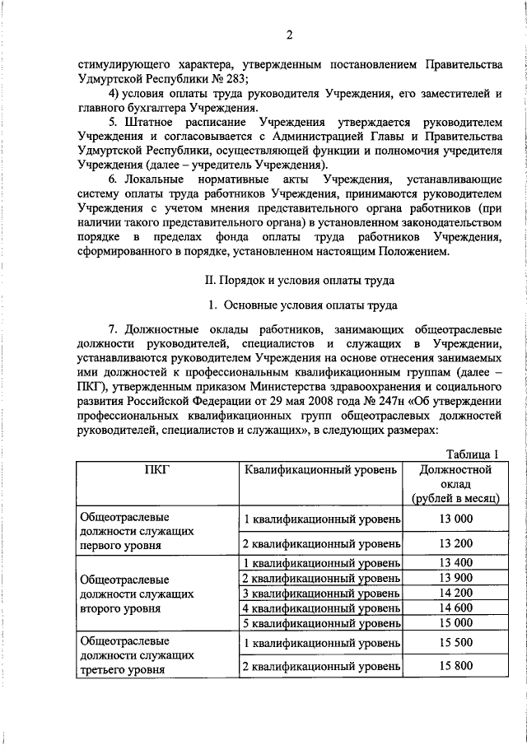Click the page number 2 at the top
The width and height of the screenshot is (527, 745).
click(291, 35)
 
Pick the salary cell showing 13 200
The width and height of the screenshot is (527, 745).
click(456, 544)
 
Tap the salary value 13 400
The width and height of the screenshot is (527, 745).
click(456, 563)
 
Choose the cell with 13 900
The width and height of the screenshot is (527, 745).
click(456, 578)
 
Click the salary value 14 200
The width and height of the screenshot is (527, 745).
click(456, 593)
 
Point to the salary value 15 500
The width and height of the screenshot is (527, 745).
click(456, 641)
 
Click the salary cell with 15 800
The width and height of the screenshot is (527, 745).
click(456, 666)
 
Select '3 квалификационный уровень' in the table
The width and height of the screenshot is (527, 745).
click(321, 593)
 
